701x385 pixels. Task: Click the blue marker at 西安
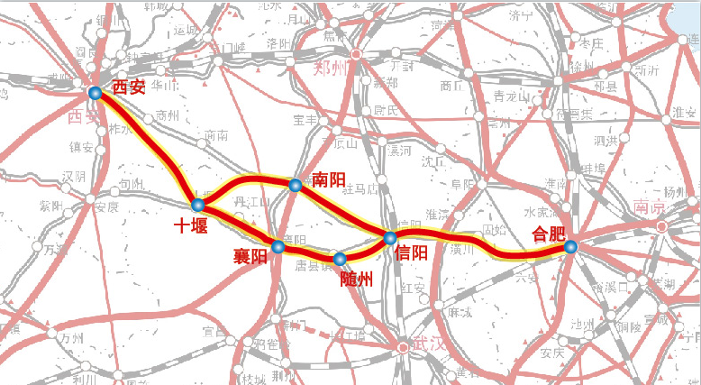click(x=96, y=92)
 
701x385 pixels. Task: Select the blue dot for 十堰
click(x=198, y=206)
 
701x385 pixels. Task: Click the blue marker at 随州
click(x=340, y=260)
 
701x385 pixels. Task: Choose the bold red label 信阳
click(x=412, y=253)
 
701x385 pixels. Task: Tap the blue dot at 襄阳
click(x=278, y=246)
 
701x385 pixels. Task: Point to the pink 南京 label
click(x=648, y=206)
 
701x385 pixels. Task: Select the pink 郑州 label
click(x=329, y=69)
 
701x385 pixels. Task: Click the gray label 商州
click(x=168, y=115)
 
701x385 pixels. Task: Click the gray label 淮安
click(x=685, y=111)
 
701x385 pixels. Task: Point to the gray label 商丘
click(x=451, y=87)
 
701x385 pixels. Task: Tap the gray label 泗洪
click(x=606, y=140)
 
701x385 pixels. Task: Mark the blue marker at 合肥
click(x=569, y=246)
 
